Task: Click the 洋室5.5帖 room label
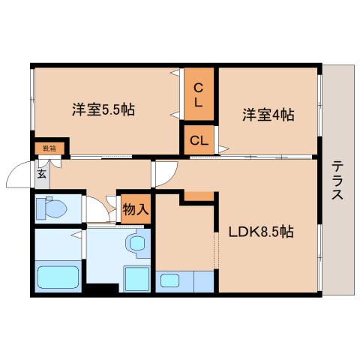[x=103, y=109]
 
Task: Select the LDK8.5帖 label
[x=260, y=232]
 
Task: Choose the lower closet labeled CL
[x=199, y=140]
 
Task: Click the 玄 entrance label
[x=42, y=172]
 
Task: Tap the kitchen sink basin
[x=169, y=282]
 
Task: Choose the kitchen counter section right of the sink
[x=203, y=282]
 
